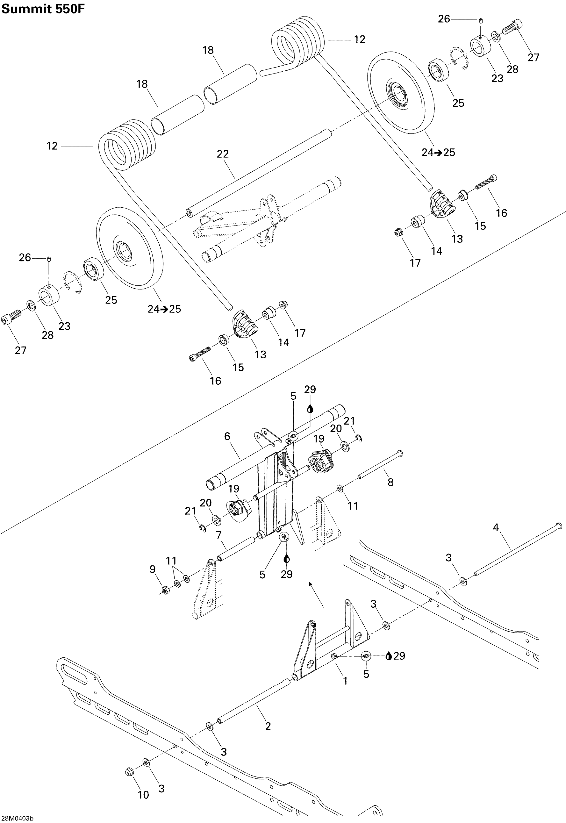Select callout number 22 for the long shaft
(x=223, y=154)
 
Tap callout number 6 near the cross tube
(x=227, y=436)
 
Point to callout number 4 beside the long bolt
(x=496, y=528)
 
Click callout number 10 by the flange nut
(x=143, y=795)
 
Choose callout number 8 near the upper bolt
(x=390, y=482)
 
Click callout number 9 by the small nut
(x=152, y=569)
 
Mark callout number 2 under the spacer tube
(x=268, y=726)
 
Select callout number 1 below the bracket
(x=345, y=681)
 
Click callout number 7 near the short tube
(x=219, y=535)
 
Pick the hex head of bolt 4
(x=559, y=525)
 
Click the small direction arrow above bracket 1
(x=316, y=594)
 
